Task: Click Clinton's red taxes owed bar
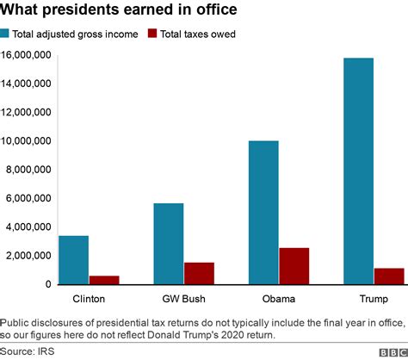pyautogui.click(x=104, y=280)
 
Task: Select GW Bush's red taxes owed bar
pyautogui.click(x=199, y=273)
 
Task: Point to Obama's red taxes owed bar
pyautogui.click(x=294, y=266)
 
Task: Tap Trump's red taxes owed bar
pyautogui.click(x=389, y=276)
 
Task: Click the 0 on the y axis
pyautogui.click(x=49, y=284)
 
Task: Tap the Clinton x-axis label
pyautogui.click(x=89, y=298)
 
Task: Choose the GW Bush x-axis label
pyautogui.click(x=183, y=298)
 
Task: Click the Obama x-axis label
pyautogui.click(x=278, y=298)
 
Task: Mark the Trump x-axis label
pyautogui.click(x=373, y=298)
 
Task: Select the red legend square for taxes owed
pyautogui.click(x=152, y=34)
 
